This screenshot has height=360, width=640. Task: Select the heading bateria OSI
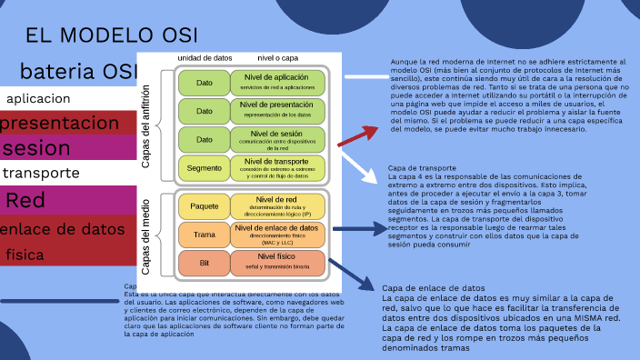click(78, 71)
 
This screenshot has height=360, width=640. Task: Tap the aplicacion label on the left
click(38, 99)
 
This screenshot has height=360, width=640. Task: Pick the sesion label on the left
click(36, 148)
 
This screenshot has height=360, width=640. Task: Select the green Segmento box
click(205, 168)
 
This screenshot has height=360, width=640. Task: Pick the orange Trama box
click(205, 235)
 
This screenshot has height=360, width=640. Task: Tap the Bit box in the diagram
click(205, 264)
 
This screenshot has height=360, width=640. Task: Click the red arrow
click(357, 135)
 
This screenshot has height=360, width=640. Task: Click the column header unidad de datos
click(204, 58)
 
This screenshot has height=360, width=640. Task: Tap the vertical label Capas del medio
click(145, 235)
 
